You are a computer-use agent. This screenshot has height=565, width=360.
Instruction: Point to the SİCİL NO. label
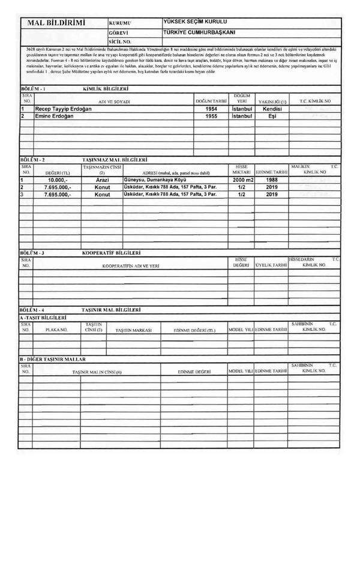coord(120,41)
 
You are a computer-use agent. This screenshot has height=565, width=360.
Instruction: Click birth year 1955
coord(211,116)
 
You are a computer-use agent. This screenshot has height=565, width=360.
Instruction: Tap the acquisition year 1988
coord(272,180)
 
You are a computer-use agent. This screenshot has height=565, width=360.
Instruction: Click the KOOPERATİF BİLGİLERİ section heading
coord(111,253)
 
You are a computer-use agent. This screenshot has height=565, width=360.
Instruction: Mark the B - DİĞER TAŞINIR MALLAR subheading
coord(53,359)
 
